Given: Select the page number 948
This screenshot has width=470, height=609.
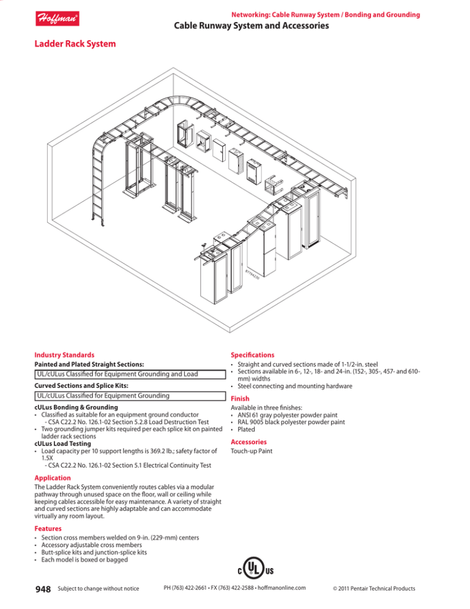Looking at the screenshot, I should [x=43, y=589].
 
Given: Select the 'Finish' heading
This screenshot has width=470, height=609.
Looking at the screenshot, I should [x=240, y=398].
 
